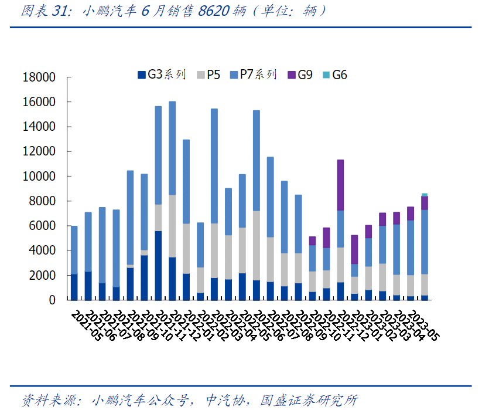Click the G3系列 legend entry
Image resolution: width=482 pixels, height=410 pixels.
coord(162,74)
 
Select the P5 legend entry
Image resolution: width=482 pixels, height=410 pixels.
coord(208,74)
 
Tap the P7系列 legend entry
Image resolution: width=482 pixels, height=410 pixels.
coord(253,74)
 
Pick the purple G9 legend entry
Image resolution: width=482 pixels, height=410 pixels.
coord(300,74)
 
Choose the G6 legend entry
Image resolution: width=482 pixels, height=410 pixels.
coord(334,74)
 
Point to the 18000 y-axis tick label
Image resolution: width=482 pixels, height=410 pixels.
coord(39,77)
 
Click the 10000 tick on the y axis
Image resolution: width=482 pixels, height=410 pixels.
coord(39,177)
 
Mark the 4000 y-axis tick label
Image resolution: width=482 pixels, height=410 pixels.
coord(42,250)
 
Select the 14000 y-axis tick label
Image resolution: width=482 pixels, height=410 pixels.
coord(39,127)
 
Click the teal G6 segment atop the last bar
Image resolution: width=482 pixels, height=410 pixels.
coord(425,195)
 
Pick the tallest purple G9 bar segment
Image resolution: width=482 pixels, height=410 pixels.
coord(340,185)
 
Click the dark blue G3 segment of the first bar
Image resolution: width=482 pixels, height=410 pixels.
coord(74,287)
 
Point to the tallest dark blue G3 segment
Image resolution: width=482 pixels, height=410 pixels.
coord(158,265)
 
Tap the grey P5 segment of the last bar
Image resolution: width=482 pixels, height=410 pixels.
coord(425,284)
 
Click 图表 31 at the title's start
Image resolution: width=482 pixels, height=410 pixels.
coord(41,12)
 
